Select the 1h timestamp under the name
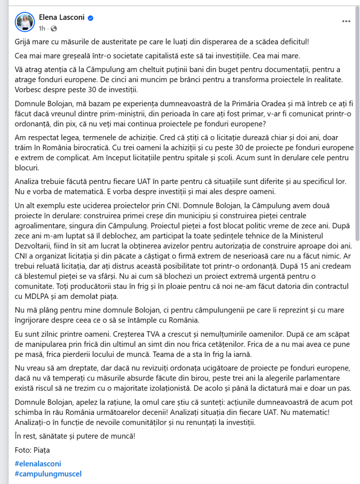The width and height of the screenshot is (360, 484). [x=42, y=28]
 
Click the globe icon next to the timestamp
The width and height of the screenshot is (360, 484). [x=53, y=28]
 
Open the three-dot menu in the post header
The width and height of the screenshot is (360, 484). [x=346, y=22]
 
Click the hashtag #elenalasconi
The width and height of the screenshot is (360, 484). [x=37, y=464]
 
